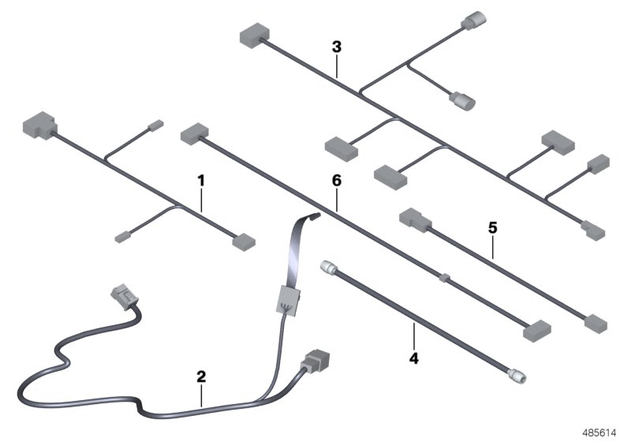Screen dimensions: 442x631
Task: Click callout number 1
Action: pyautogui.click(x=200, y=181)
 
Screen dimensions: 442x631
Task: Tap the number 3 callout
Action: pyautogui.click(x=337, y=47)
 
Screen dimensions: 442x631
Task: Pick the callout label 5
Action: pyautogui.click(x=492, y=227)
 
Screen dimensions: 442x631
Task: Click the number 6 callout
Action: pyautogui.click(x=336, y=181)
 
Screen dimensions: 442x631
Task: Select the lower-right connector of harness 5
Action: pyautogui.click(x=596, y=322)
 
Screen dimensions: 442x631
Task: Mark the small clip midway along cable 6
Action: pyautogui.click(x=444, y=278)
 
